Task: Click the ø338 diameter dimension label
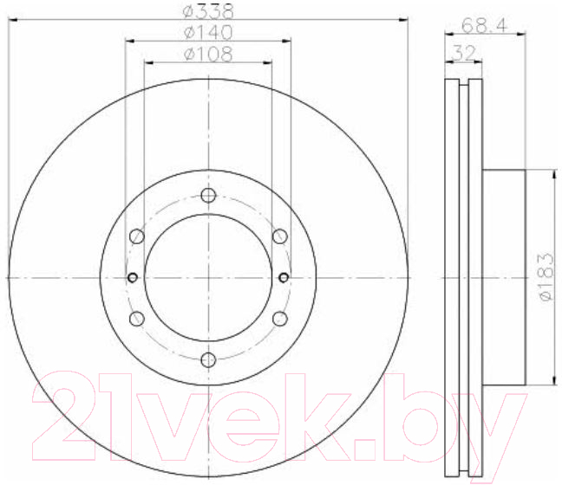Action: tap(208, 11)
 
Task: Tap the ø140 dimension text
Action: tap(208, 33)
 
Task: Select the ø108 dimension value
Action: tap(208, 55)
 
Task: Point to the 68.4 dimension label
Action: tap(484, 25)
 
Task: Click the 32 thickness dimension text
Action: tap(463, 53)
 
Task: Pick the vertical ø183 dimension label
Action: tap(546, 277)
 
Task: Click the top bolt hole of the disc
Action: tap(208, 196)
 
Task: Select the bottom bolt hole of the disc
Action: tap(208, 359)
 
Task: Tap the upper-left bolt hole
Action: tap(136, 236)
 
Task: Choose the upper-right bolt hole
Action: tap(280, 236)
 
